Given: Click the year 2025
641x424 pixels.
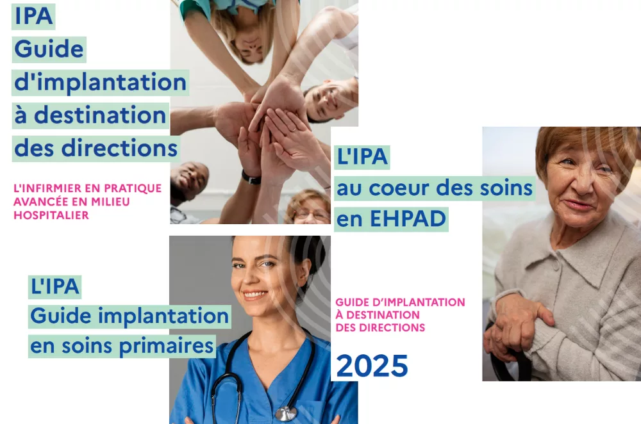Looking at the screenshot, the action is (x=372, y=366).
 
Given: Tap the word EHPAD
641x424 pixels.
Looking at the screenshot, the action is (x=408, y=218).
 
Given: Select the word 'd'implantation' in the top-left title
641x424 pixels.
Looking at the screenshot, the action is (x=100, y=82).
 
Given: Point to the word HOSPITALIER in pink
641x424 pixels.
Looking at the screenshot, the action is (x=51, y=215).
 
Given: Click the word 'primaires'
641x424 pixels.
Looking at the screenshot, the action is (x=167, y=346).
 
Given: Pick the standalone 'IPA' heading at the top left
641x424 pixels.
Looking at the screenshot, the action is (x=33, y=17).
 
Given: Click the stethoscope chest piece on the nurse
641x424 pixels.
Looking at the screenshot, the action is (x=286, y=413).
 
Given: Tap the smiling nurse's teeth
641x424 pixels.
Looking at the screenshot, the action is (x=255, y=294).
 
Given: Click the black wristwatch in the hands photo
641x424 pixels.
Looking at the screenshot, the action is (x=251, y=177).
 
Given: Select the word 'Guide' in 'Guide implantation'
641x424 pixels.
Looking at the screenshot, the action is (x=60, y=316).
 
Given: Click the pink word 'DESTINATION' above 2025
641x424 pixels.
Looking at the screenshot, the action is (x=383, y=315).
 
